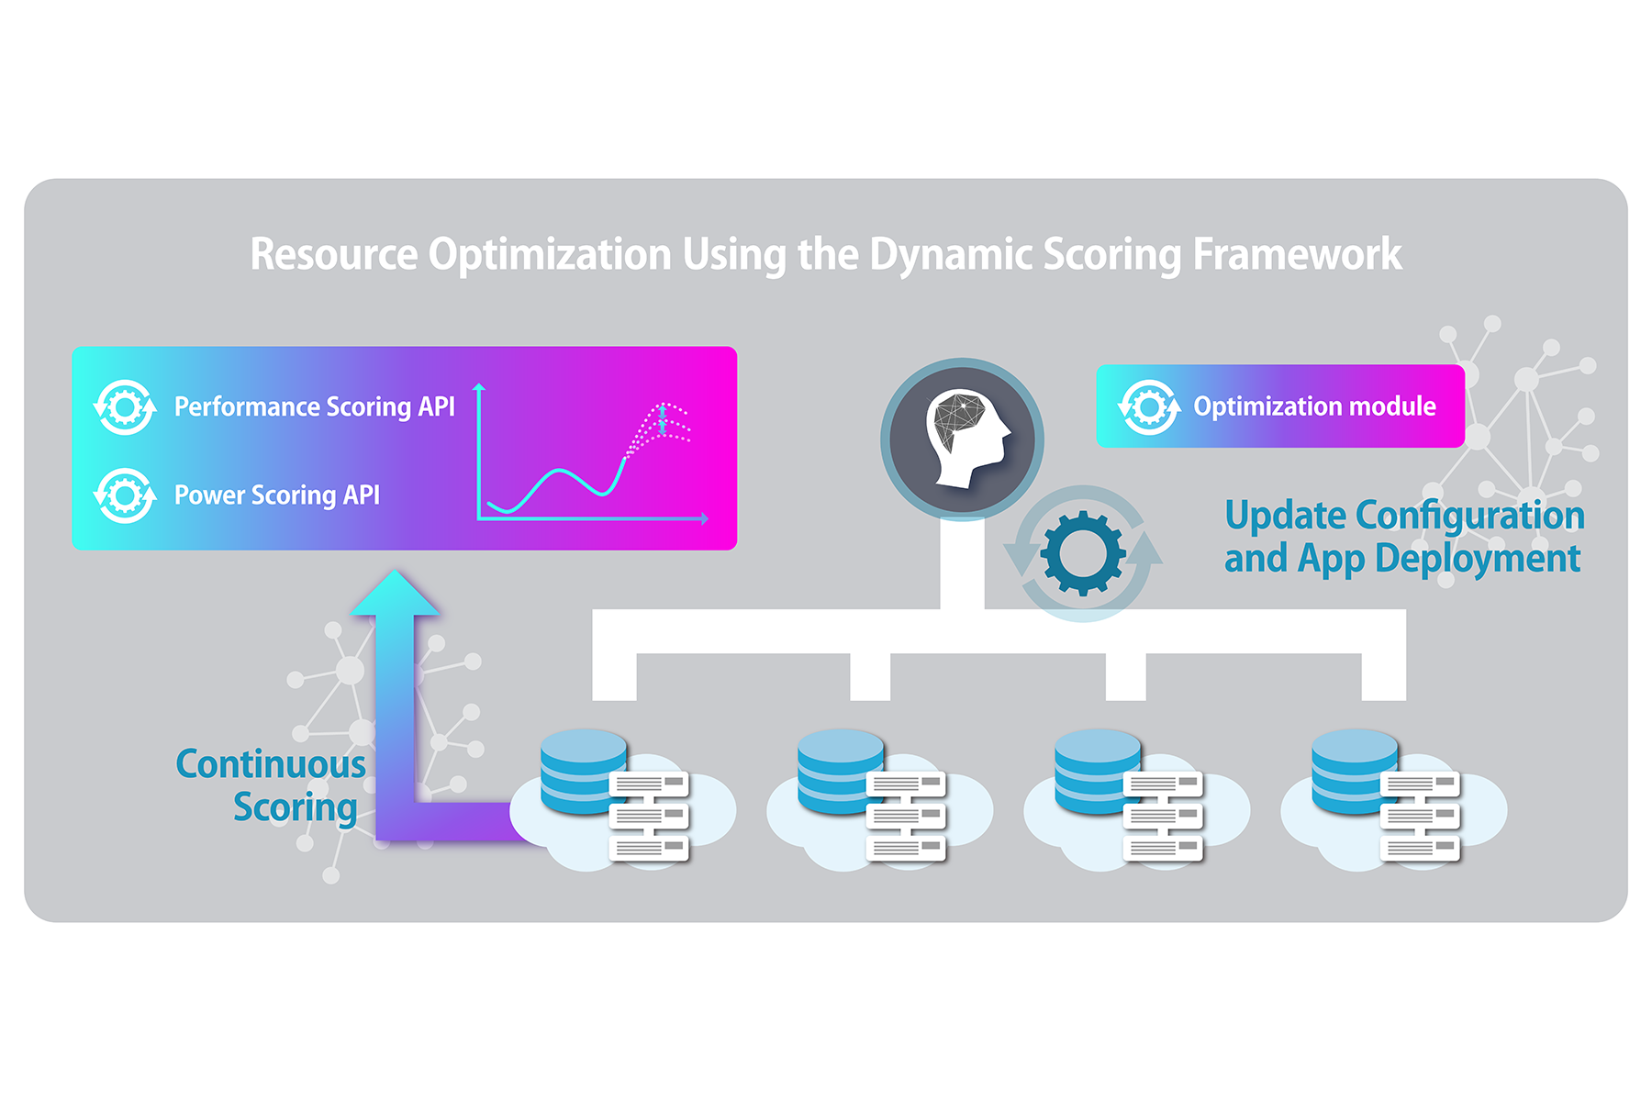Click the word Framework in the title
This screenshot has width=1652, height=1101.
coord(1297,254)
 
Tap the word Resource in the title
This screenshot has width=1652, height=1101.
coord(334,254)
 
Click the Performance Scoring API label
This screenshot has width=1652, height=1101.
coord(314,406)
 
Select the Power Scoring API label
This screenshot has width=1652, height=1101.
coord(276,495)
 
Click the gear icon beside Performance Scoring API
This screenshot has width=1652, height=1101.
coord(125,406)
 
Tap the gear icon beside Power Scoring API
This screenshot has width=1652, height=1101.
coord(125,495)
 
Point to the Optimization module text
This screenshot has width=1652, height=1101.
coord(1314,406)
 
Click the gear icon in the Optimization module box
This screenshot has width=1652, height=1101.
coord(1149,406)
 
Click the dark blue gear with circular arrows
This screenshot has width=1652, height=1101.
coord(1083,553)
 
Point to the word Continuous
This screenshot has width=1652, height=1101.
coord(271,764)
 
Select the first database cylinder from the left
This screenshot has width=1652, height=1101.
coord(582,771)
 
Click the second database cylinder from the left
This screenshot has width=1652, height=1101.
coord(839,771)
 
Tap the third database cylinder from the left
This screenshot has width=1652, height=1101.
coord(1096,771)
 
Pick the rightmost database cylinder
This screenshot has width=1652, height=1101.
coord(1353,771)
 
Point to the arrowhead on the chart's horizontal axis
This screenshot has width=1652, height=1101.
coord(705,519)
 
